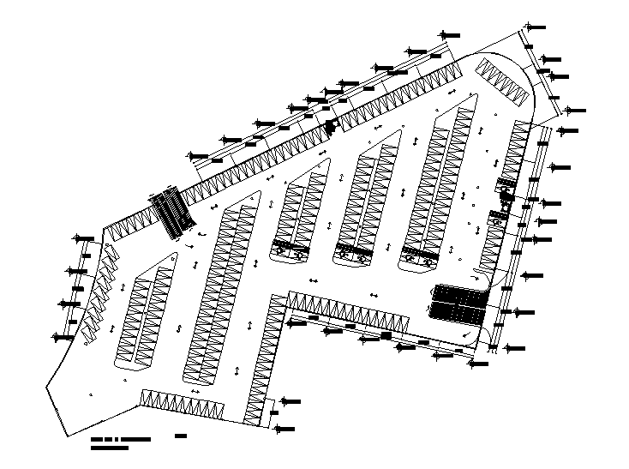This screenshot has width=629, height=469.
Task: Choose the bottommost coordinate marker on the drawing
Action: pyautogui.click(x=286, y=429)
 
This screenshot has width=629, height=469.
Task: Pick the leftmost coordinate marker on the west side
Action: pyautogui.click(x=62, y=337)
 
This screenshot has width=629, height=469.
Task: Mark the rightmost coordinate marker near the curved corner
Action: pyautogui.click(x=576, y=111)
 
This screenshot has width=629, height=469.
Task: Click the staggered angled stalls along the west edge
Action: pyautogui.click(x=98, y=292)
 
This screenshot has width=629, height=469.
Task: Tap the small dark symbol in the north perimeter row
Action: pyautogui.click(x=328, y=128)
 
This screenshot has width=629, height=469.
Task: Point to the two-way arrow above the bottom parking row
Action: pyautogui.click(x=196, y=391)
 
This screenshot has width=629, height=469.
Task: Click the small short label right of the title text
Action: pyautogui.click(x=181, y=438)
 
